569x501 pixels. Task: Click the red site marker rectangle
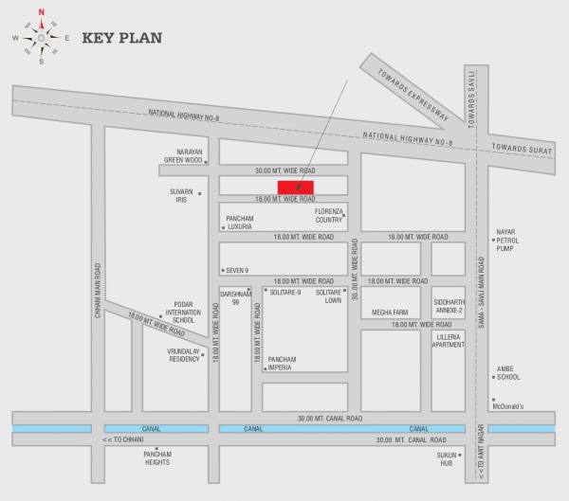296,186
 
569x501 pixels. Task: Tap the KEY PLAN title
122,39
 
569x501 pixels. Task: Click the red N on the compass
41,13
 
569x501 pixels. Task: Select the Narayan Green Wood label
184,155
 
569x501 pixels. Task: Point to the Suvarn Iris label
181,195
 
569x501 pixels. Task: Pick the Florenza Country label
328,215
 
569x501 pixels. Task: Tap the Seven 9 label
236,270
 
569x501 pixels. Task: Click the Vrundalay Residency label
183,354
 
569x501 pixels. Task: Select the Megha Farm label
389,313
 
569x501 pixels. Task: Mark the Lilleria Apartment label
449,340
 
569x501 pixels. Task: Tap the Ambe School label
508,373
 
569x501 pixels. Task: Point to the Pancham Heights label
156,457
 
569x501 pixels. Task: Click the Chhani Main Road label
97,283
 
